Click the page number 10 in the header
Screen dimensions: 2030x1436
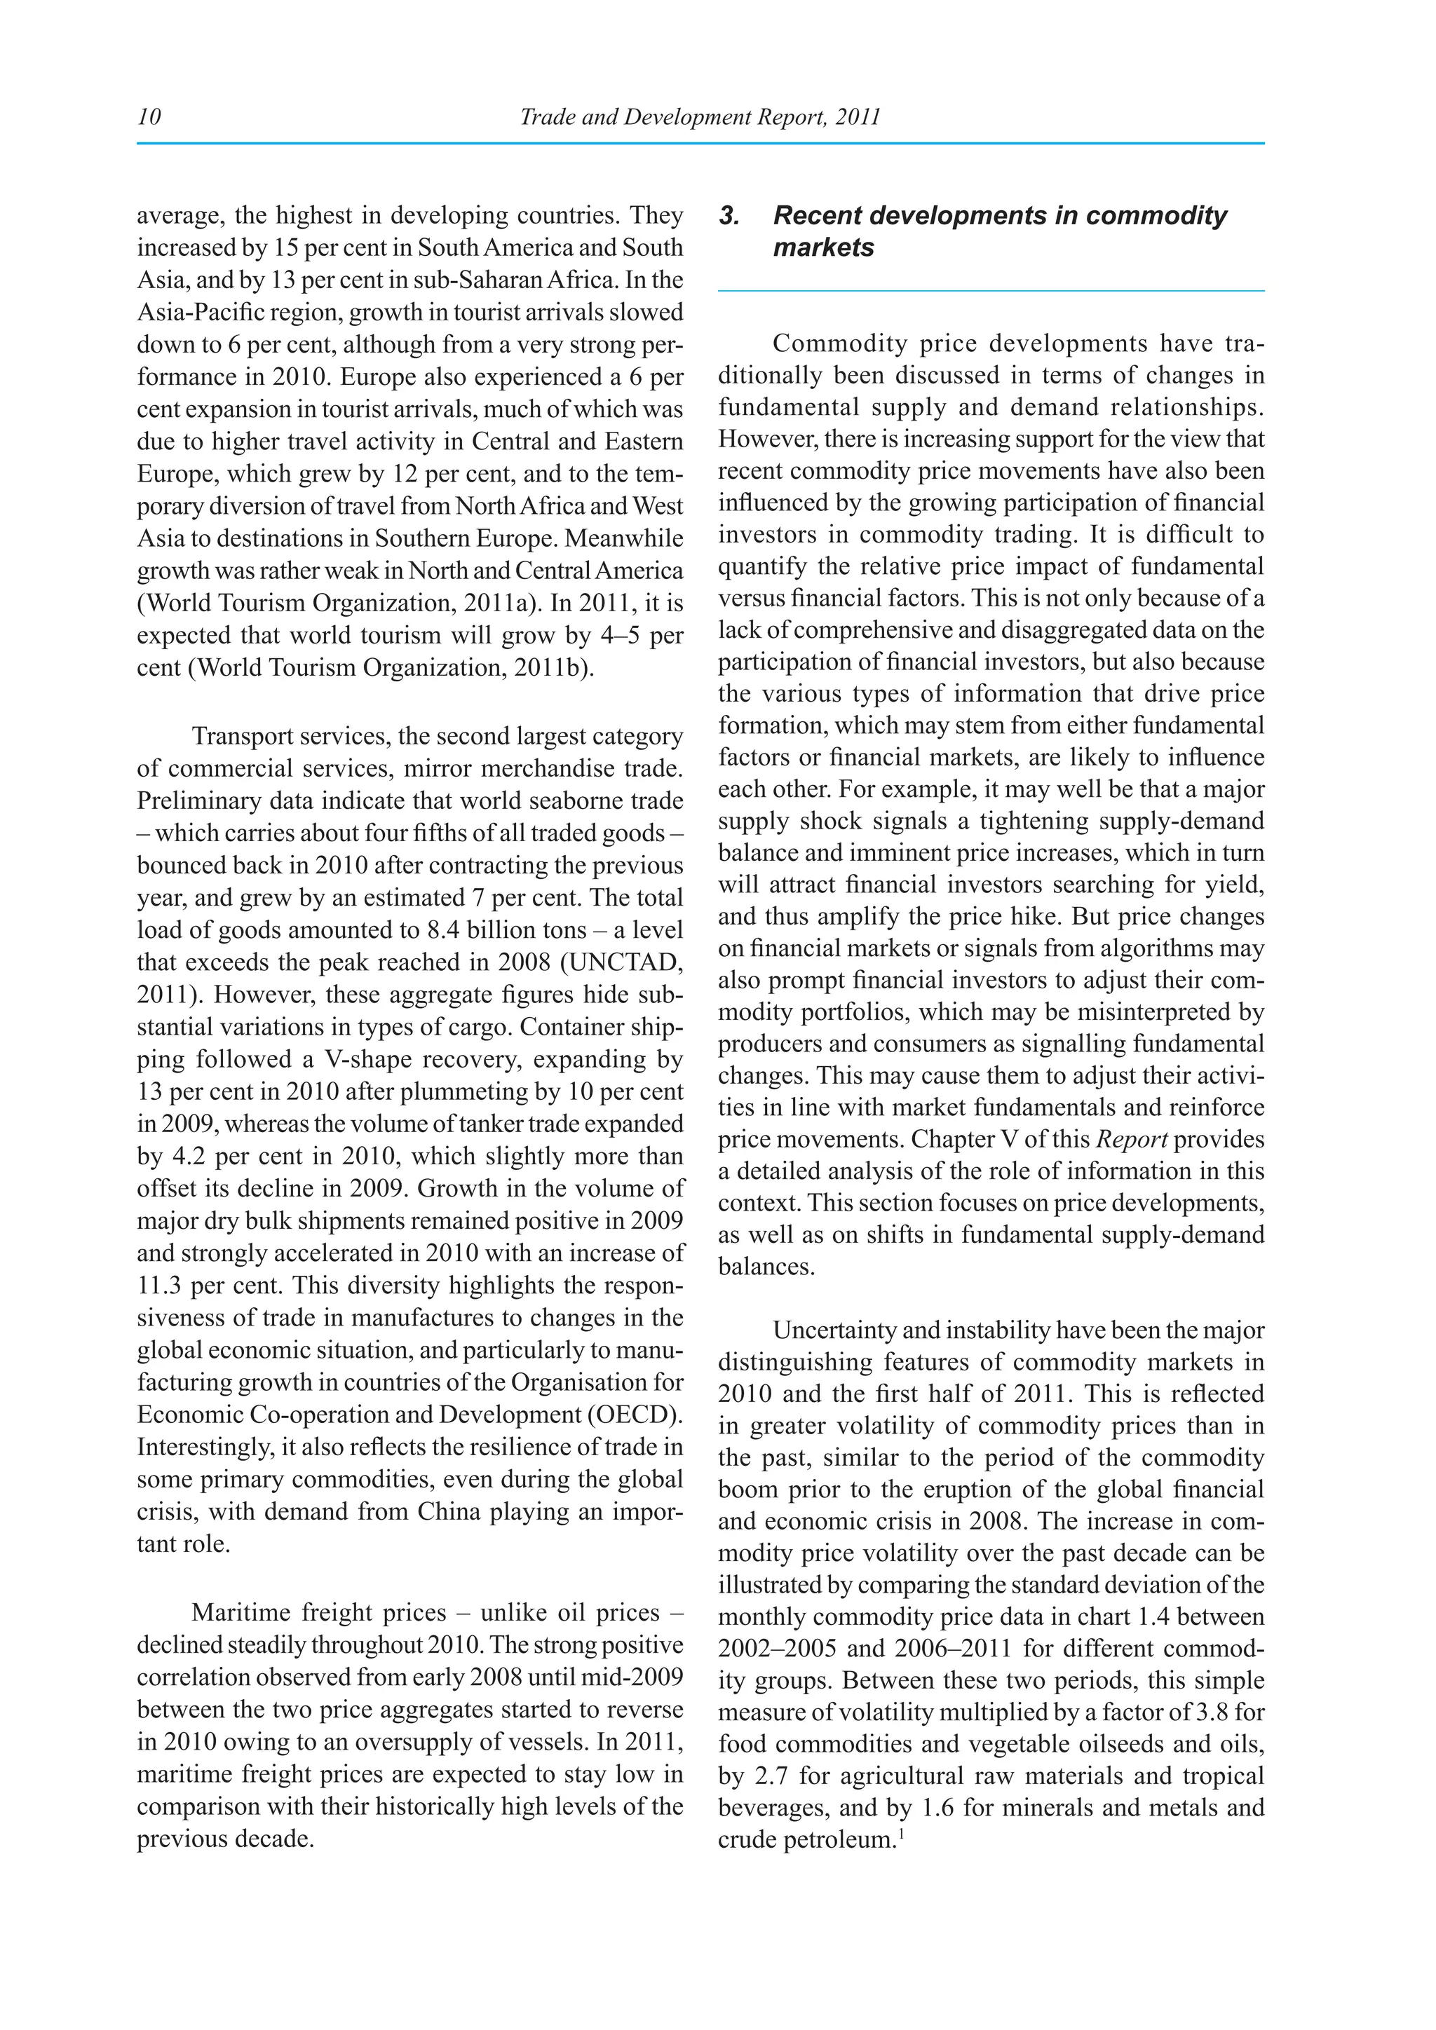tap(149, 116)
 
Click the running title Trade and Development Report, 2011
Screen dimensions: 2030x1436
tap(700, 116)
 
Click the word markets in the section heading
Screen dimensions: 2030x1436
tap(823, 247)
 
